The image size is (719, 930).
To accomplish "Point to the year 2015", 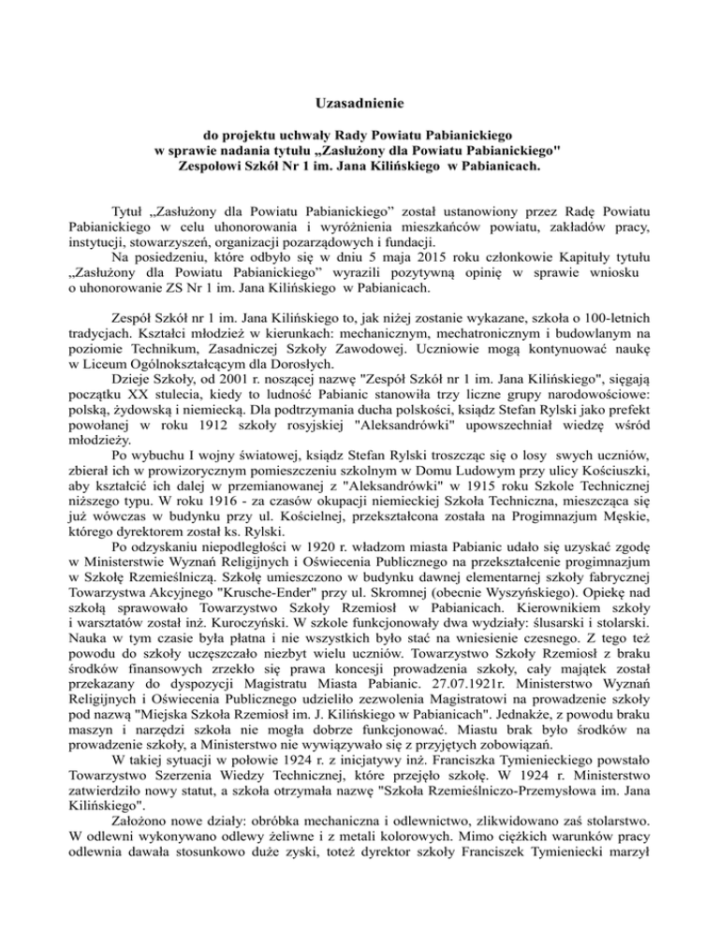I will (434, 251).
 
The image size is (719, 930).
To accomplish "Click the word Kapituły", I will (590, 251).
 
